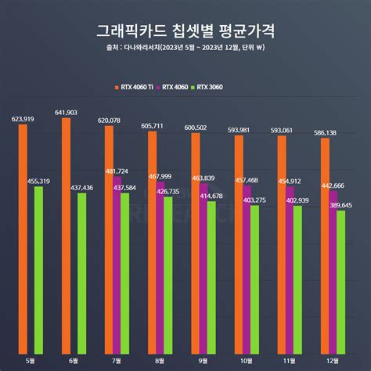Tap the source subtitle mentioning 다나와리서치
pos(185,56)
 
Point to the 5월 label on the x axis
pos(31,361)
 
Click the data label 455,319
pos(39,181)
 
